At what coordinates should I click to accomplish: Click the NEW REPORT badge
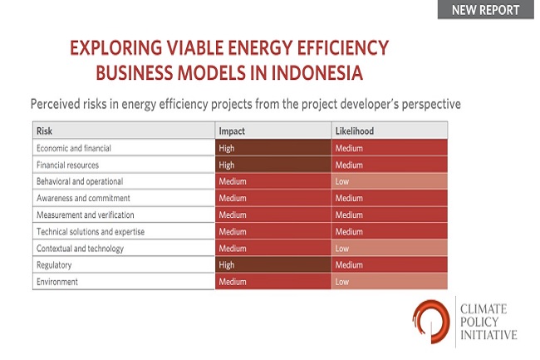point(486,10)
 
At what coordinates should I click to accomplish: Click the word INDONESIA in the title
point(317,73)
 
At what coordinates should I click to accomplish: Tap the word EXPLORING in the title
point(116,47)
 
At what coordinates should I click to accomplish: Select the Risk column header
point(44,131)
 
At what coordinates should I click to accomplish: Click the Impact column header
point(232,131)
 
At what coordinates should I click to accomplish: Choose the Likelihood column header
point(355,131)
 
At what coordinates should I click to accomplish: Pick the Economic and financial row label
point(74,148)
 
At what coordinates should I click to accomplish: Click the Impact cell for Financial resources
point(273,165)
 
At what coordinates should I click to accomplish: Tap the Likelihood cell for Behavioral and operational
point(390,181)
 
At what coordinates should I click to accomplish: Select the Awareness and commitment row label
point(83,198)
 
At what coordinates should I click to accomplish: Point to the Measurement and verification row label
point(85,215)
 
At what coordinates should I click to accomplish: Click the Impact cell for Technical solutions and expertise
point(273,231)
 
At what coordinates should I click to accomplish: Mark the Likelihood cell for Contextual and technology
point(390,249)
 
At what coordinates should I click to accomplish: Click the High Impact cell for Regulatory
point(273,265)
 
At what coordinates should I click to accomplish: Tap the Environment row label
point(57,282)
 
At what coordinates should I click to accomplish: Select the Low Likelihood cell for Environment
point(390,282)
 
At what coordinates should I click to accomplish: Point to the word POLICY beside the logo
point(479,322)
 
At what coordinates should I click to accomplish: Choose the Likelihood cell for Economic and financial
point(390,148)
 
